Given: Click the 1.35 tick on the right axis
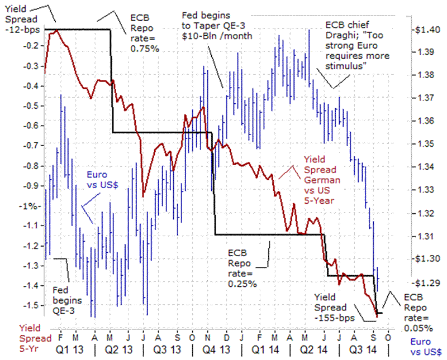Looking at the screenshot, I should (x=424, y=143).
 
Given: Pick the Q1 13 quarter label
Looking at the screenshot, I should (x=67, y=351).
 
